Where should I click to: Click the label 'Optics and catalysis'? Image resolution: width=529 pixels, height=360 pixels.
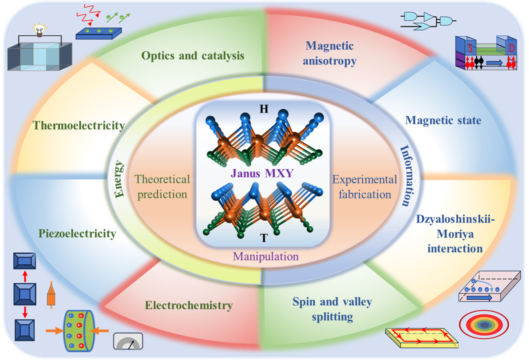pos(193,56)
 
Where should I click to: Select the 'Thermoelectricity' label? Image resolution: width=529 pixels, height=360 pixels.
pos(79,125)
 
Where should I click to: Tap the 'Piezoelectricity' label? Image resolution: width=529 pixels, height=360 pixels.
pos(77,233)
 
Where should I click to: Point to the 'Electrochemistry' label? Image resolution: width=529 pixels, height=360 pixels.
pos(189,305)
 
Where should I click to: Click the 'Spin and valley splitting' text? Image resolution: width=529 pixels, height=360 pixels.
pos(332,309)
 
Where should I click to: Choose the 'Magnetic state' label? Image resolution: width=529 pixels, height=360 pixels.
pos(443,120)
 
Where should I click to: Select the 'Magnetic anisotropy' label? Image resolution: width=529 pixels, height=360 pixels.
pos(330,53)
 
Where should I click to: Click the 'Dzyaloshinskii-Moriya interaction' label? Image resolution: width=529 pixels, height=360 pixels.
pos(455,233)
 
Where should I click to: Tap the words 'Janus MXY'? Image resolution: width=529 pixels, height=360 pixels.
pos(262,173)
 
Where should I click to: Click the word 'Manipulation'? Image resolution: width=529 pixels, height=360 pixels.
pos(266,256)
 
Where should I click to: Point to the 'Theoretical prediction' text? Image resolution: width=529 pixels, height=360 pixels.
pos(162,187)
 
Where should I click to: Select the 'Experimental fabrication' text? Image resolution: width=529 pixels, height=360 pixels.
pos(365,187)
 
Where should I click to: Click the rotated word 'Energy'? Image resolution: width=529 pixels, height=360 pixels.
pos(119,179)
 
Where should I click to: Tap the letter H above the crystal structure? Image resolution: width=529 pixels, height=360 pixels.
pos(264,109)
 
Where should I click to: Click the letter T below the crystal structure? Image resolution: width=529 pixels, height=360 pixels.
pos(264,238)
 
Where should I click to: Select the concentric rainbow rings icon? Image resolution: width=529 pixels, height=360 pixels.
pos(484,325)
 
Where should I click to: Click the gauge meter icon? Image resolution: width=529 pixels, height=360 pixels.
pos(128,341)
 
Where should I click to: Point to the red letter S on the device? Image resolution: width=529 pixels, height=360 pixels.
pos(470,48)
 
